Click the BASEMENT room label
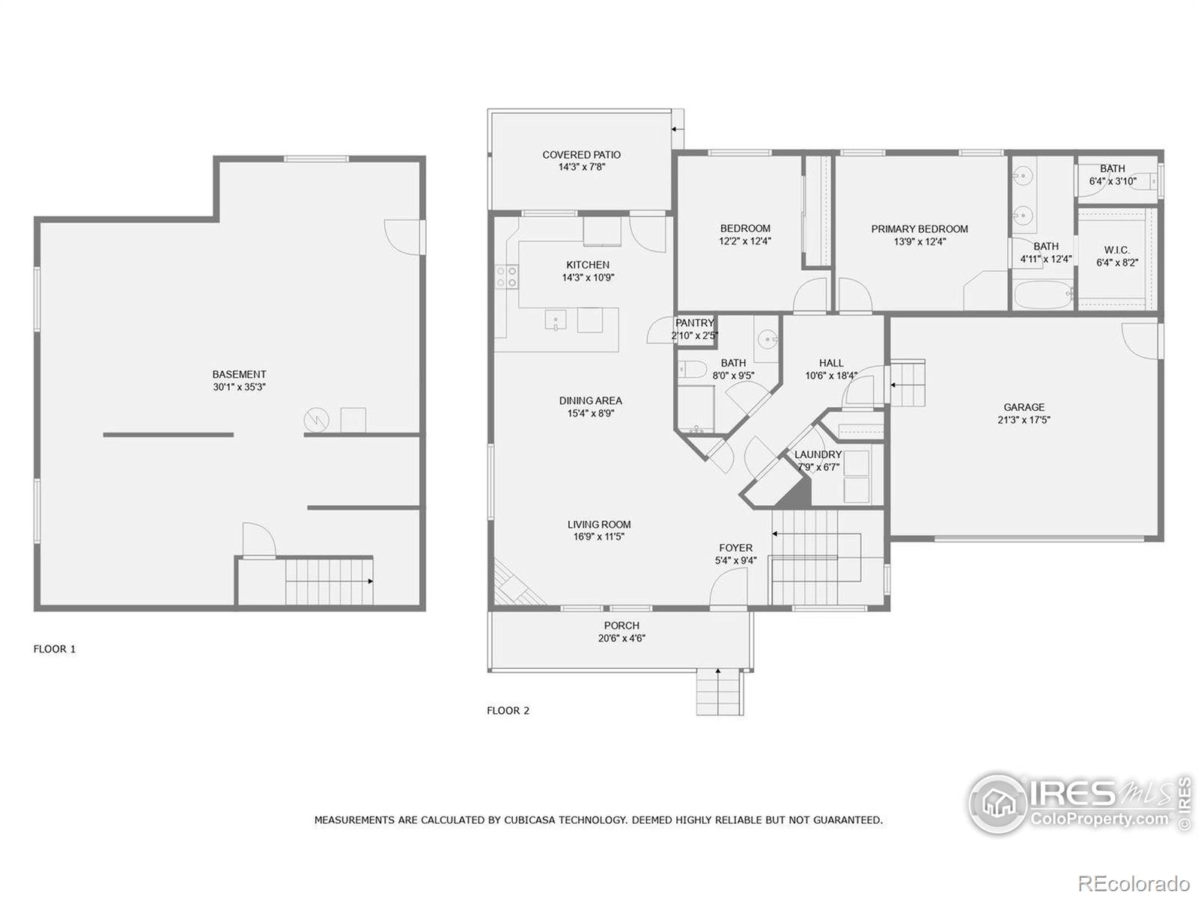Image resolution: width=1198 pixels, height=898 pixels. (239, 374)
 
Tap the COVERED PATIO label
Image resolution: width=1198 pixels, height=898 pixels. (581, 155)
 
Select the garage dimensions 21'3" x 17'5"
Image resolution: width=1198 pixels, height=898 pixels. (1024, 420)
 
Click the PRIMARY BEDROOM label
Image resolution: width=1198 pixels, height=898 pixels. (919, 229)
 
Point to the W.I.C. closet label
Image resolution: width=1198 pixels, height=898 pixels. (1116, 250)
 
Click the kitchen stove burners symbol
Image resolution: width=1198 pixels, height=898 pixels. (507, 277)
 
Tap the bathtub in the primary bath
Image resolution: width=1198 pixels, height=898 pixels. (1043, 296)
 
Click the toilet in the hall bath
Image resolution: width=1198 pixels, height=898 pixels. (691, 369)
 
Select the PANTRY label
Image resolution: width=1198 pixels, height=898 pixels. (695, 323)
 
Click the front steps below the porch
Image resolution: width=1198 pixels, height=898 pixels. (720, 692)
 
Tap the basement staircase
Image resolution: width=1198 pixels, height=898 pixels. (329, 581)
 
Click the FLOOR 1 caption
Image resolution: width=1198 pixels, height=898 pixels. (55, 649)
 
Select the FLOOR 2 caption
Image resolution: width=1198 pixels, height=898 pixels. (508, 710)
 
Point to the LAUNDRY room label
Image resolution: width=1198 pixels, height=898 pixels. (818, 454)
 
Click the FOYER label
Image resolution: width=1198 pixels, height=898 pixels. (735, 548)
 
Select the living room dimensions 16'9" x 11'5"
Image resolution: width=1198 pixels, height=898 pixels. (598, 537)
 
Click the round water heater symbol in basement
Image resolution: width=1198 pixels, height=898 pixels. (316, 420)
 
